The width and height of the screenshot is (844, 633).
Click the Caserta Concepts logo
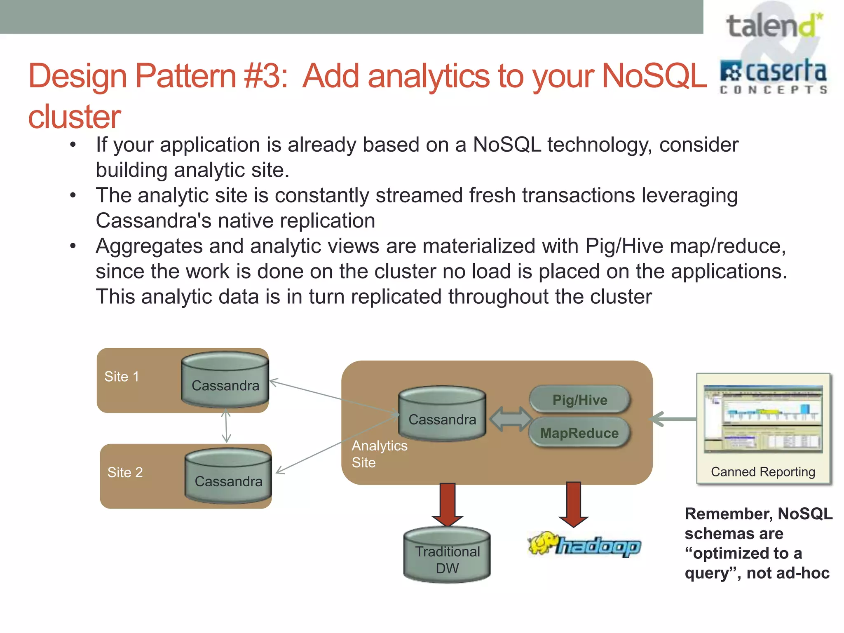coord(773,77)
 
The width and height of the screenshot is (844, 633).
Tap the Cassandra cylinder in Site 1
coord(225,380)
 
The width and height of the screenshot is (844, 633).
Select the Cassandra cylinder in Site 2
coord(228,476)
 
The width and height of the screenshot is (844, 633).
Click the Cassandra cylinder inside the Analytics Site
coord(442,414)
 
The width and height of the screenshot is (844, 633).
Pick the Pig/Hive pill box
coord(579,400)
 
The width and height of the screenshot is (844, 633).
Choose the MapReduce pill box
coord(579,433)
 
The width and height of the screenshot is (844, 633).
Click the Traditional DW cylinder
coord(447,555)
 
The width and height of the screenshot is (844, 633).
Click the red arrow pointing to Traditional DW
coord(448,504)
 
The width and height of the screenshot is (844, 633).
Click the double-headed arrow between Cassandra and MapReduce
coord(511,419)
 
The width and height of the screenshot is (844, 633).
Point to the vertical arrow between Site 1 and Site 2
coord(226,426)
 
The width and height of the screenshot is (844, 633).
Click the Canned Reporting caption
coord(763,471)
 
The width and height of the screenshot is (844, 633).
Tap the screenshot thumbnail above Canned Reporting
coord(763,419)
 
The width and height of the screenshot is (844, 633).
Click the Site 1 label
coord(122,376)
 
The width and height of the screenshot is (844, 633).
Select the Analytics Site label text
coord(379,454)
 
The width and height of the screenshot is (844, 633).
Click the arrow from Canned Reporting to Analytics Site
coord(674,419)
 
